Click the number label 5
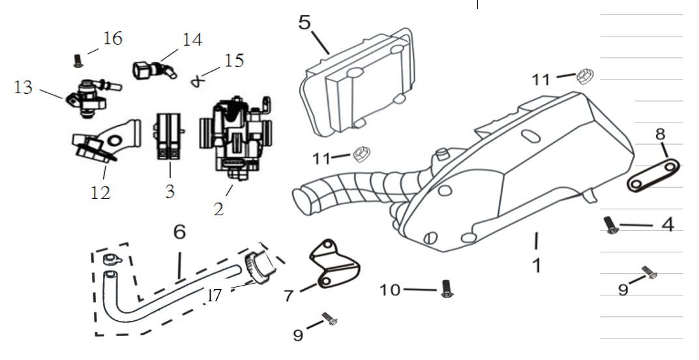click(305, 22)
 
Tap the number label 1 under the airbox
click(536, 265)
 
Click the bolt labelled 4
click(610, 226)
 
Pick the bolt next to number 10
click(447, 288)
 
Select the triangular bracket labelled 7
click(333, 263)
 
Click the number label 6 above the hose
click(179, 232)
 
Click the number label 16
click(112, 38)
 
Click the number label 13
click(23, 87)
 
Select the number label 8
click(660, 134)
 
